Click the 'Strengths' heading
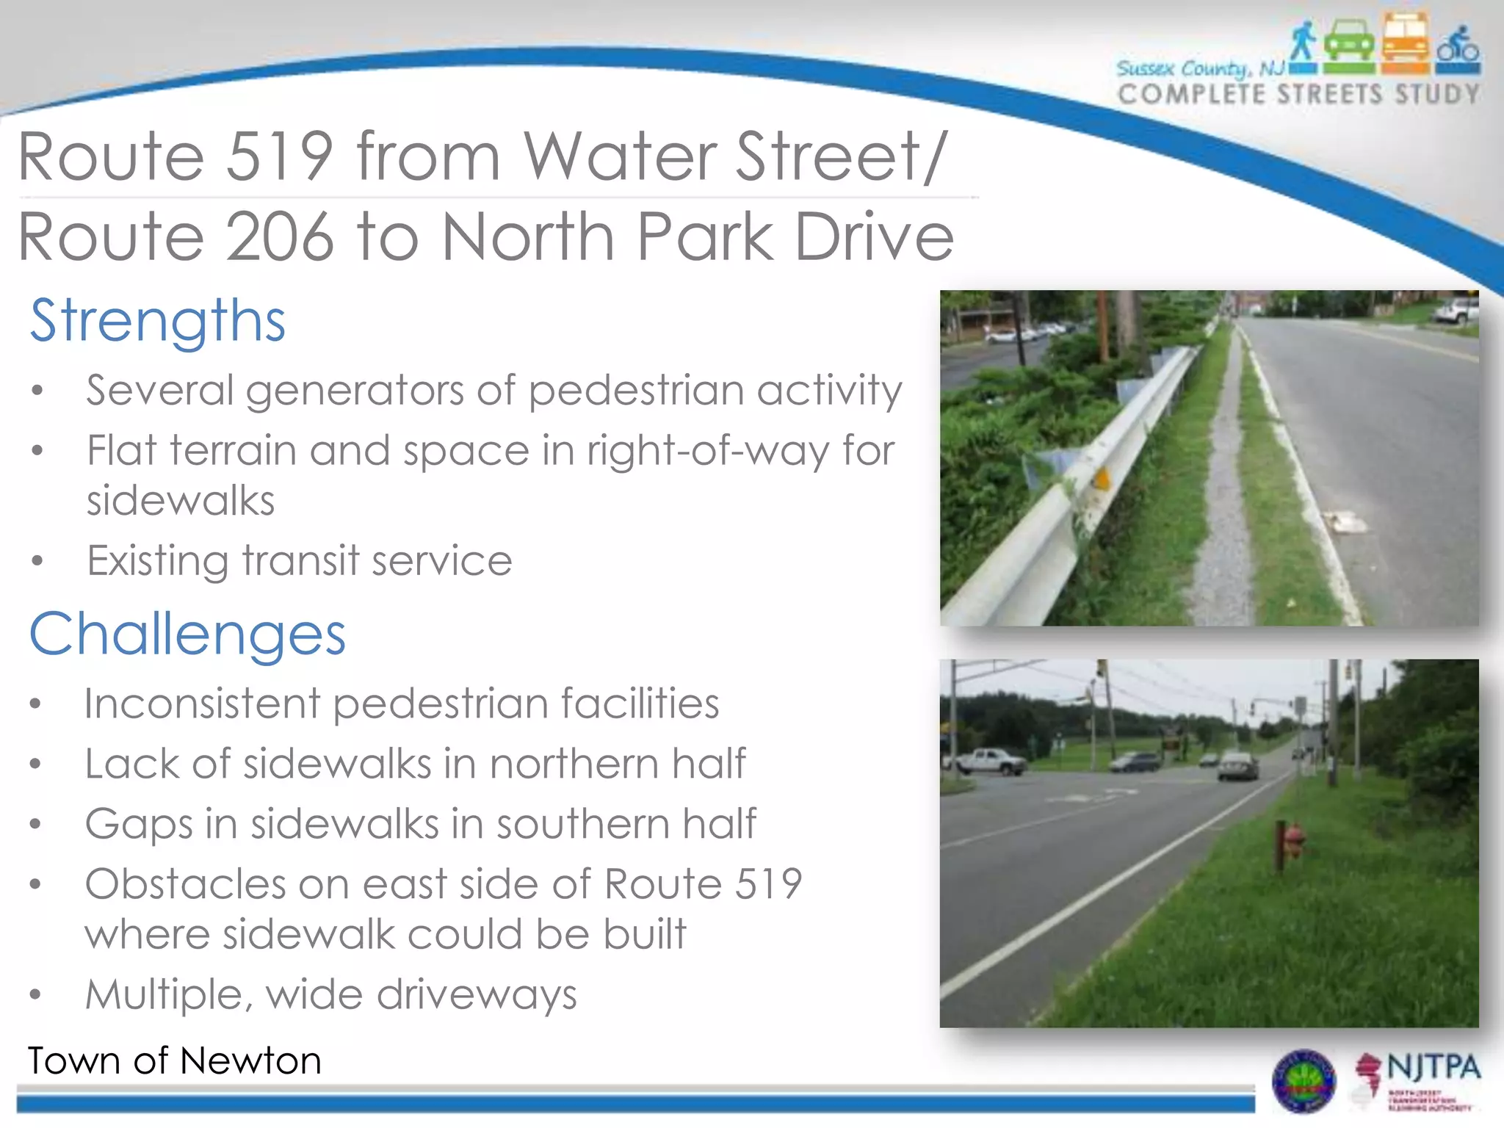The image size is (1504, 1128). pyautogui.click(x=157, y=321)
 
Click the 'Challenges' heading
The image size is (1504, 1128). pyautogui.click(x=187, y=634)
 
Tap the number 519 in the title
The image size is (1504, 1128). pyautogui.click(x=278, y=156)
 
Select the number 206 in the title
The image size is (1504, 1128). pyautogui.click(x=278, y=236)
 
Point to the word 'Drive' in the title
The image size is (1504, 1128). pyautogui.click(x=874, y=236)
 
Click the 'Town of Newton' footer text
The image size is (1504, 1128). pyautogui.click(x=175, y=1061)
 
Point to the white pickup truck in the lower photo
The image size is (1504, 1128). pyautogui.click(x=988, y=762)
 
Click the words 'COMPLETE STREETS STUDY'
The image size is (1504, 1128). pyautogui.click(x=1298, y=95)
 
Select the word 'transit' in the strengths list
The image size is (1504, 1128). pyautogui.click(x=301, y=561)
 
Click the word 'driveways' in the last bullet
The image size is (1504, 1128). pyautogui.click(x=477, y=995)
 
